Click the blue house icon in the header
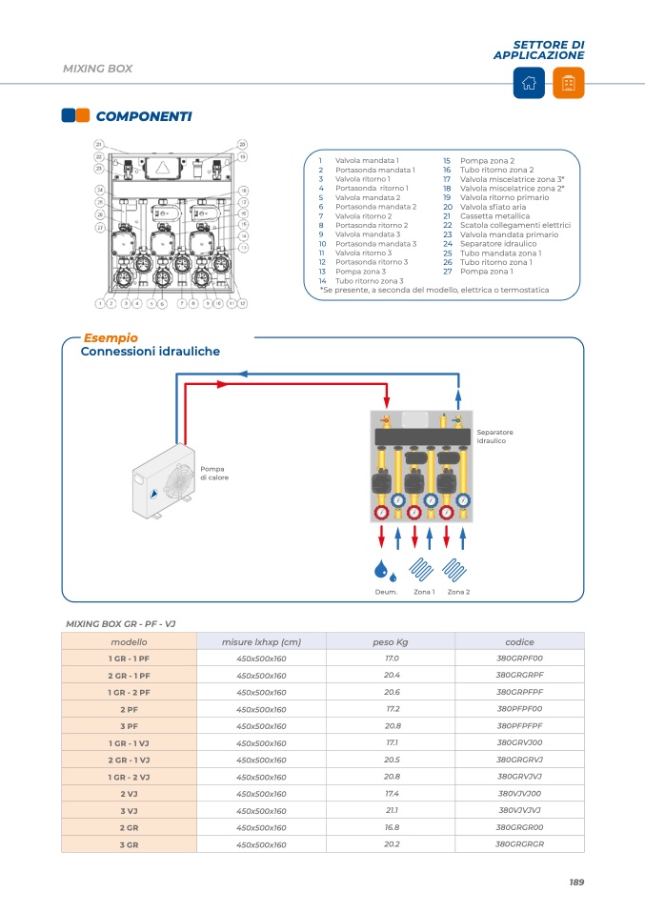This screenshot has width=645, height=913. click(530, 84)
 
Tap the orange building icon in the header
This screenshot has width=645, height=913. click(569, 84)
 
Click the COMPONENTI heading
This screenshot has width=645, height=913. click(144, 116)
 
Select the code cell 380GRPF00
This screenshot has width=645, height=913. click(519, 659)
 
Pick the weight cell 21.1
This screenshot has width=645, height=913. click(392, 811)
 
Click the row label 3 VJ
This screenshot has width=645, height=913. click(129, 811)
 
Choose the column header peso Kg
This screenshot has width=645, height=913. click(391, 642)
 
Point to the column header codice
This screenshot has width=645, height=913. click(519, 642)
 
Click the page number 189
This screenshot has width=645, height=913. click(575, 883)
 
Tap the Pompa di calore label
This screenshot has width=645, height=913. click(213, 473)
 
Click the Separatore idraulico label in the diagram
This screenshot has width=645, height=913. click(493, 436)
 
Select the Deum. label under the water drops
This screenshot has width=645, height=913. click(386, 592)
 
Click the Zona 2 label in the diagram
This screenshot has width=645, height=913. click(458, 592)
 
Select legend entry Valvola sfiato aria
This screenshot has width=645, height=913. click(493, 207)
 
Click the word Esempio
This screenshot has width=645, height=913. click(111, 337)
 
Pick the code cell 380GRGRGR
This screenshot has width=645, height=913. click(519, 844)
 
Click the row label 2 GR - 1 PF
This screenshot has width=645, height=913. click(129, 676)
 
